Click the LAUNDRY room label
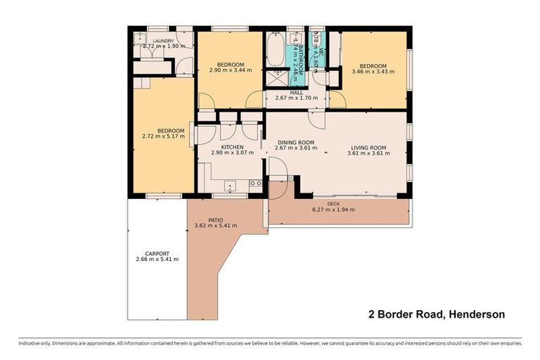[163, 41]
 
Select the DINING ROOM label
[295, 142]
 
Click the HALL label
[296, 92]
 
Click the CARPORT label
[157, 253]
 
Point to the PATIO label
[215, 219]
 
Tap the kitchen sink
[230, 186]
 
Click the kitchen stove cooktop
[255, 184]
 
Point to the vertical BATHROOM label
[300, 59]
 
